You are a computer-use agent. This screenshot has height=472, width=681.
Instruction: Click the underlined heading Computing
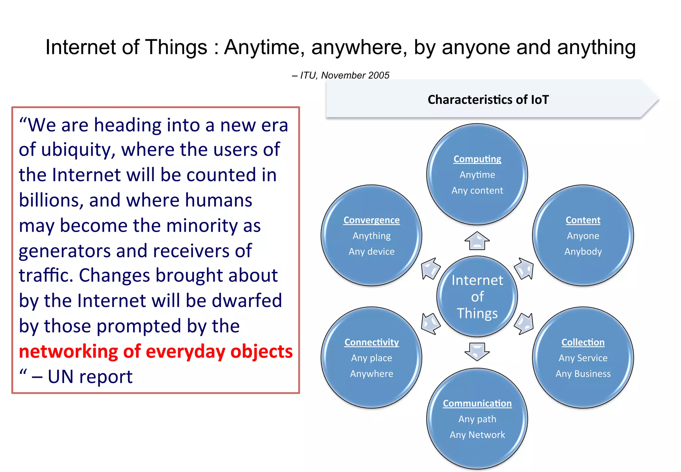pyautogui.click(x=477, y=159)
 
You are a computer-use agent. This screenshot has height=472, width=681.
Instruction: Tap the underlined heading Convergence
pyautogui.click(x=371, y=220)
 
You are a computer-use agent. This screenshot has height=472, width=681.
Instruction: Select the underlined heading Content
pyautogui.click(x=583, y=220)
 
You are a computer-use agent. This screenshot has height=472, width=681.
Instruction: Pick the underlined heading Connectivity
pyautogui.click(x=371, y=343)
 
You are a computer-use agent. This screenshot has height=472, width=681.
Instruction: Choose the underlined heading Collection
pyautogui.click(x=583, y=343)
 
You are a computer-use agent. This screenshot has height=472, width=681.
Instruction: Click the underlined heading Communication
pyautogui.click(x=477, y=403)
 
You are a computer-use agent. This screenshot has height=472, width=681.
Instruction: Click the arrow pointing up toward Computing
pyautogui.click(x=477, y=241)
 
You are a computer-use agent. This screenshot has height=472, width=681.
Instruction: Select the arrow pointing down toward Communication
pyautogui.click(x=477, y=352)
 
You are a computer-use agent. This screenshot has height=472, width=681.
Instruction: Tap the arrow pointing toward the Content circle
pyautogui.click(x=524, y=268)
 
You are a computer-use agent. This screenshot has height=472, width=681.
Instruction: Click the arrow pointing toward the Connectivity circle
pyautogui.click(x=430, y=324)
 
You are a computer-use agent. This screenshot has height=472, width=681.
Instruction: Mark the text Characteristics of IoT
pyautogui.click(x=488, y=100)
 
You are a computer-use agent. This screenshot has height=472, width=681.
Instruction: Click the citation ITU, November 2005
pyautogui.click(x=344, y=76)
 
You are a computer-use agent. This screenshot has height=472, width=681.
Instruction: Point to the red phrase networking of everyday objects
pyautogui.click(x=156, y=352)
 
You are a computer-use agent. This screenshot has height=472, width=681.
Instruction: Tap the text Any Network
pyautogui.click(x=477, y=435)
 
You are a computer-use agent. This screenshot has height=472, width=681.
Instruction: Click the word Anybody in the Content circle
pyautogui.click(x=583, y=252)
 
